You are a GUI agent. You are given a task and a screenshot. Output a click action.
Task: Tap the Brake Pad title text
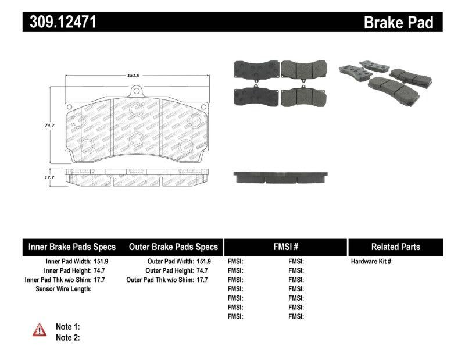(398, 22)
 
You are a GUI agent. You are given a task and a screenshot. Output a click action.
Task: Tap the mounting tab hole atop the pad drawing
(137, 91)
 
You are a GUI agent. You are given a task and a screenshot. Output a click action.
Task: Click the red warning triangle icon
(39, 330)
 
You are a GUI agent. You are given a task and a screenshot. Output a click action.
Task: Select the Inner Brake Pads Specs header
(72, 247)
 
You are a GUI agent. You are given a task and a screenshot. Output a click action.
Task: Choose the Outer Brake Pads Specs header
(173, 247)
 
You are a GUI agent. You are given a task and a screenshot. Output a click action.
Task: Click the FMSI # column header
(285, 247)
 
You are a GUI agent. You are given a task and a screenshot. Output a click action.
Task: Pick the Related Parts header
(395, 247)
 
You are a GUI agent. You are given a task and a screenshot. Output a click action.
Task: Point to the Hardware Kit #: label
(372, 262)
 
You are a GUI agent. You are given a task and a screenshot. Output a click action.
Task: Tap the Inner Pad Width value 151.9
(101, 262)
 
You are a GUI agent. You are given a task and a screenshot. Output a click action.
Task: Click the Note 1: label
(67, 327)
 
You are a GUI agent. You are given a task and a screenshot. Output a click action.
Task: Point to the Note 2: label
(67, 337)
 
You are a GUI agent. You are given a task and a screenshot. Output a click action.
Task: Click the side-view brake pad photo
(281, 177)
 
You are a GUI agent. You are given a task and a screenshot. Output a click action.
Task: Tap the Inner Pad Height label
(67, 270)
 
